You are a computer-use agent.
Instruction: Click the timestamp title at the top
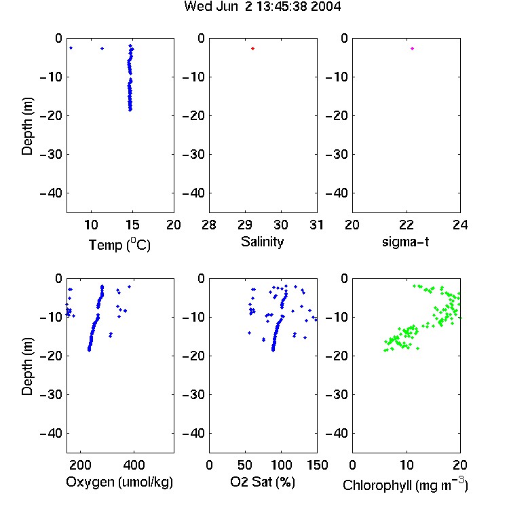(262, 6)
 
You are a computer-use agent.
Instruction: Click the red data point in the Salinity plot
(252, 48)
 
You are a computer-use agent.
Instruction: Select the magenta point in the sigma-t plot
(412, 48)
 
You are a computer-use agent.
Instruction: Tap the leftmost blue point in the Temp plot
(71, 48)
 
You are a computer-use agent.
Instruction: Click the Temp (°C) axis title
(119, 244)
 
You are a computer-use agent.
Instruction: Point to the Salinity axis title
(262, 242)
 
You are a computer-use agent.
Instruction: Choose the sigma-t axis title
(405, 242)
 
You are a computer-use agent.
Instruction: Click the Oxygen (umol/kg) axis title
(119, 482)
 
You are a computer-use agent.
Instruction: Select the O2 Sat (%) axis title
(262, 482)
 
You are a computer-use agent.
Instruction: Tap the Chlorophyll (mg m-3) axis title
(405, 485)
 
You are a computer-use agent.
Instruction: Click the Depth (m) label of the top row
(28, 126)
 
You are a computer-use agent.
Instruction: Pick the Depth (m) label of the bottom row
(28, 366)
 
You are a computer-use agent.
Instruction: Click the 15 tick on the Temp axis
(132, 225)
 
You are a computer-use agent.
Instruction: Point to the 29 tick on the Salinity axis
(245, 225)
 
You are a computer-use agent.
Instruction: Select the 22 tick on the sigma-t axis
(407, 225)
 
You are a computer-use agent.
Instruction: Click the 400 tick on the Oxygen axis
(134, 465)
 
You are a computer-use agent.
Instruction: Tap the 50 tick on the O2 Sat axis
(245, 465)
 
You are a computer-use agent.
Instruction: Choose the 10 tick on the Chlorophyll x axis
(407, 465)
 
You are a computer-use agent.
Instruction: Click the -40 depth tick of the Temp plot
(51, 193)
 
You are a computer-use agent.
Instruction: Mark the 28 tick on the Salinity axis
(209, 225)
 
